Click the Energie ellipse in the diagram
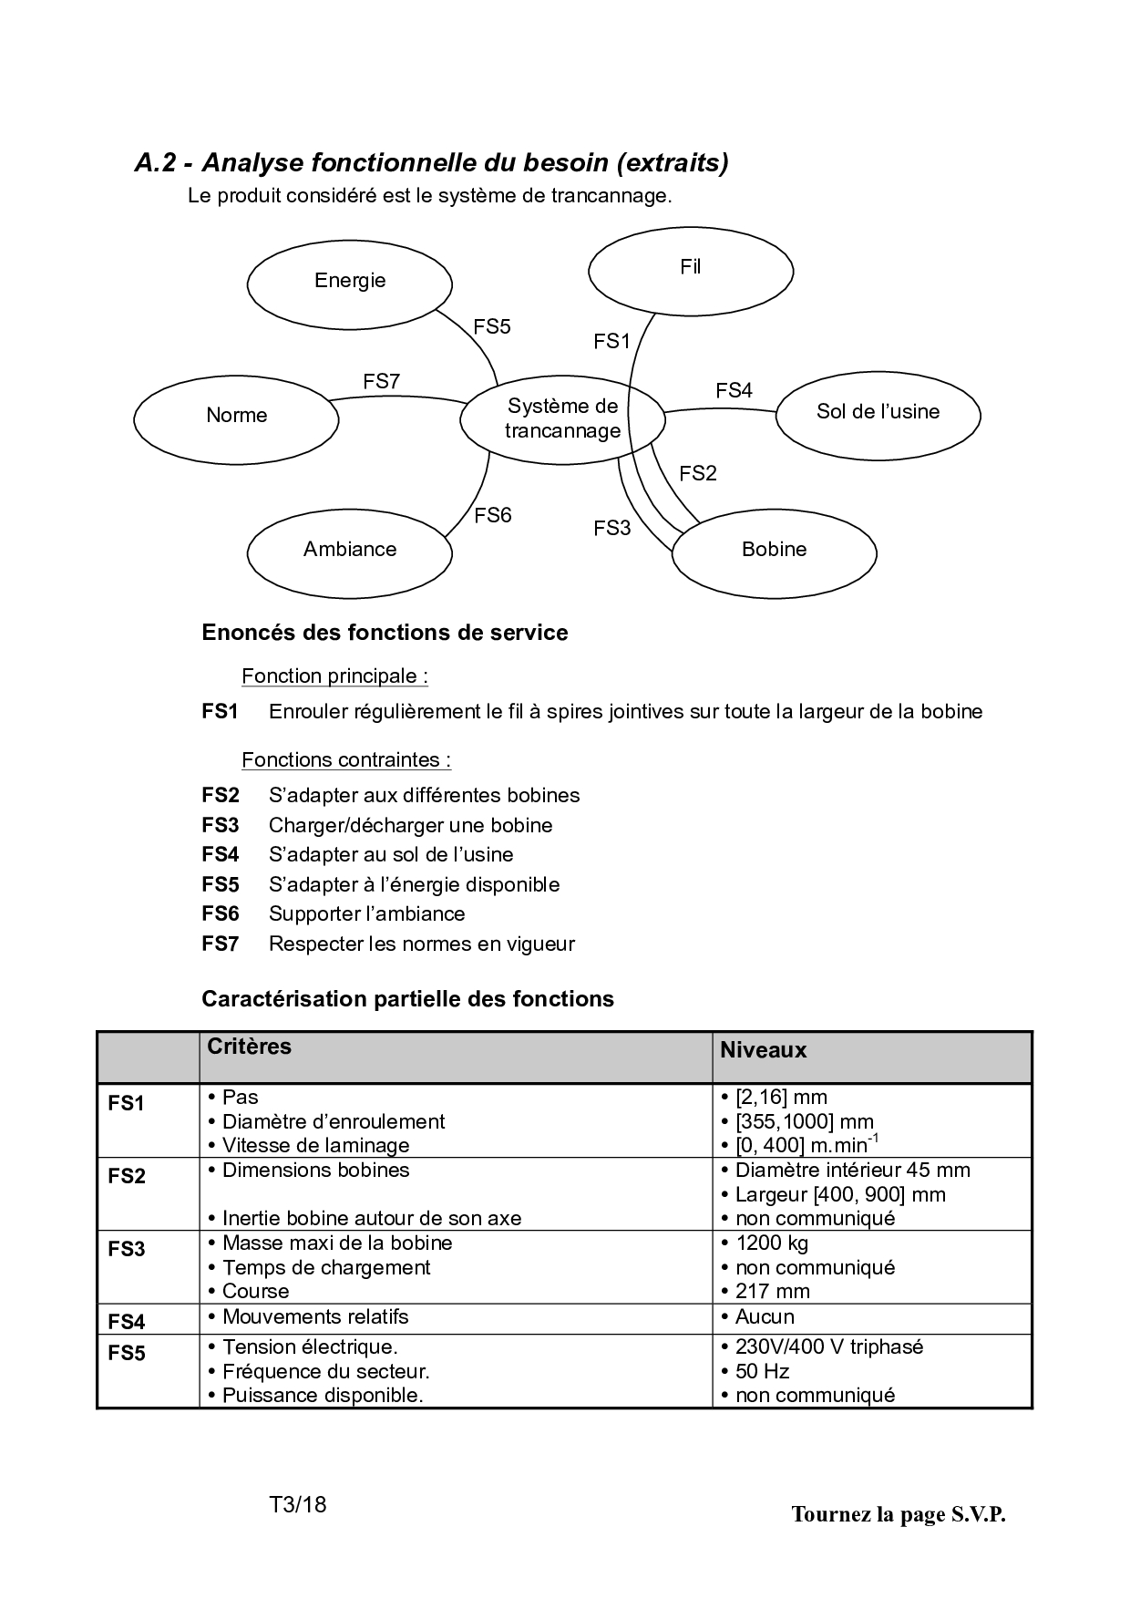(350, 282)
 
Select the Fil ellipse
(691, 269)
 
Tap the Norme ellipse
(237, 417)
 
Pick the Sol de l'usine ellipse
(878, 413)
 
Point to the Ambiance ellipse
(350, 551)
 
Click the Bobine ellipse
(774, 551)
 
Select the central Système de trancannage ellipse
(562, 419)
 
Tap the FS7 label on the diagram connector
(381, 382)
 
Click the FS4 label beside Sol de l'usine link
(734, 391)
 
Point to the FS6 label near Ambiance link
(492, 516)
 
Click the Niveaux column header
(763, 1050)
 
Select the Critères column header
(249, 1047)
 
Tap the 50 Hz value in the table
(762, 1371)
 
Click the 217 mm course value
(772, 1291)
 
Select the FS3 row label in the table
(127, 1249)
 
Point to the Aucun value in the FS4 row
(765, 1316)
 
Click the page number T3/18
(297, 1504)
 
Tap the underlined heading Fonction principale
(334, 676)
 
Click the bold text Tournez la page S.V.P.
(899, 1514)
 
